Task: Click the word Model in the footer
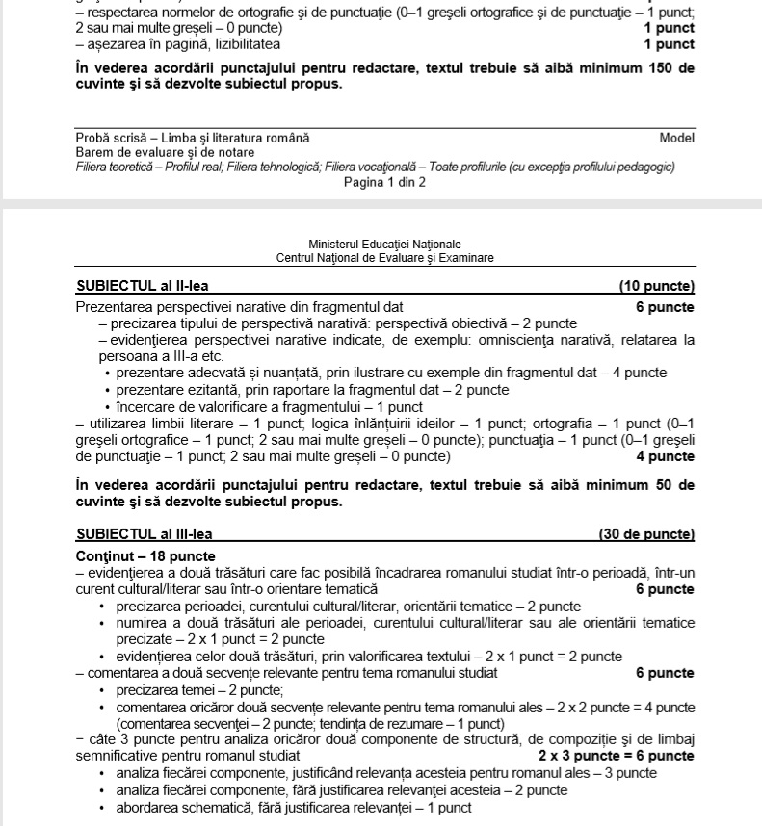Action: click(x=677, y=139)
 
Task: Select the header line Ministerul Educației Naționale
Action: click(x=385, y=245)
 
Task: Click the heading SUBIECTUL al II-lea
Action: click(x=142, y=286)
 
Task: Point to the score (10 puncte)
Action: click(x=657, y=286)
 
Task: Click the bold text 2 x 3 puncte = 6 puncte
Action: click(x=617, y=756)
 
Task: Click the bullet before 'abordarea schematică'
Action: click(x=102, y=808)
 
